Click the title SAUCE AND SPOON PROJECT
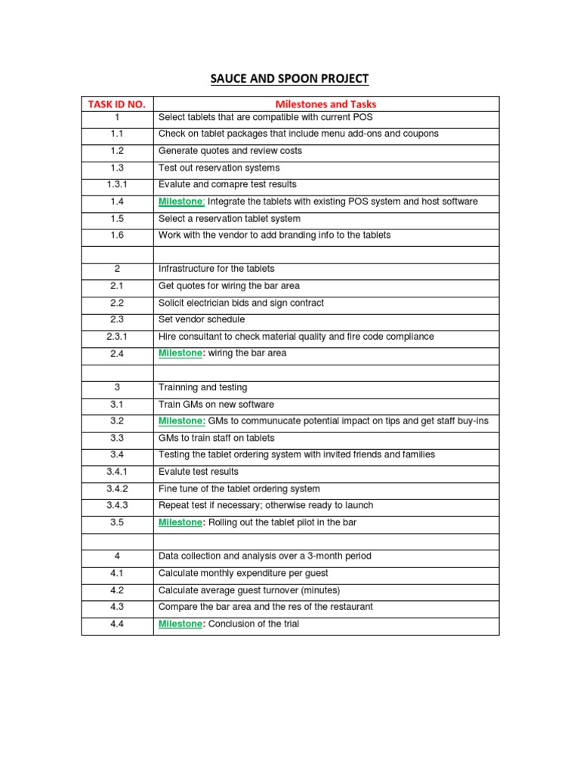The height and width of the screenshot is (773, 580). click(x=289, y=79)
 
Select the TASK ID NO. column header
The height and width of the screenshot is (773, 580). click(x=117, y=104)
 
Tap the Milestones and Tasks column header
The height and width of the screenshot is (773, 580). click(x=325, y=104)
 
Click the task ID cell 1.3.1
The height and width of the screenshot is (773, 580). click(x=117, y=185)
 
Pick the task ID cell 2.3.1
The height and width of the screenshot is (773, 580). click(x=117, y=337)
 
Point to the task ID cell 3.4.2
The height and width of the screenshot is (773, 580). click(x=117, y=489)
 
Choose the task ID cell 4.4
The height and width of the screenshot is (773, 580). click(x=117, y=624)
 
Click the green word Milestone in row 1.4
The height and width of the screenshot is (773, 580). click(x=180, y=202)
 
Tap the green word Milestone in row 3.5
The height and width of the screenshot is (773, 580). click(x=180, y=522)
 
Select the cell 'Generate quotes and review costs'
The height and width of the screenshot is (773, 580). click(x=230, y=151)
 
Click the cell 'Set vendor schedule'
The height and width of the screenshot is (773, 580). click(x=202, y=320)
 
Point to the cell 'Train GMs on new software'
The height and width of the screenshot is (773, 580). click(x=216, y=405)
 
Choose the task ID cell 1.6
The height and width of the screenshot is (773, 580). click(x=117, y=236)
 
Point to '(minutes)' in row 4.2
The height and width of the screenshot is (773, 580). click(x=321, y=590)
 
